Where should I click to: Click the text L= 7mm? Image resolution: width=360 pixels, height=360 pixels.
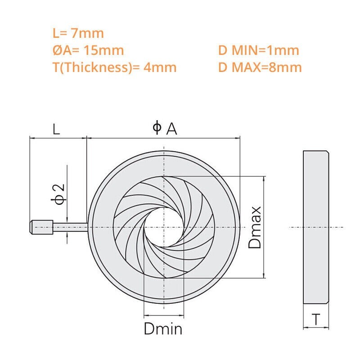point(78,33)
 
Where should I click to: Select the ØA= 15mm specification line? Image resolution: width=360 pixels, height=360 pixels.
point(88,50)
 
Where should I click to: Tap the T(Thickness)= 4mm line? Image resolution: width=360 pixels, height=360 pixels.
point(114,67)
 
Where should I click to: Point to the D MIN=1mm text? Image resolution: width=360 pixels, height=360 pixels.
point(258,50)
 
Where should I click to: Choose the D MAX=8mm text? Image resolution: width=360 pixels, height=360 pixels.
point(260,67)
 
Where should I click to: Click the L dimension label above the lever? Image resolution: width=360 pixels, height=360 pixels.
point(56,130)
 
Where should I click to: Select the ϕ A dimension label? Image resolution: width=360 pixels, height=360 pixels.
point(165,129)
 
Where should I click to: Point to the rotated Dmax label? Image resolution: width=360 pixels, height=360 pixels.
point(256,227)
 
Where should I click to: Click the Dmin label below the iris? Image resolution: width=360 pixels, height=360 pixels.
point(163,329)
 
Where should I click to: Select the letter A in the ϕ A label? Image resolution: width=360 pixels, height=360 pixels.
point(171,129)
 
